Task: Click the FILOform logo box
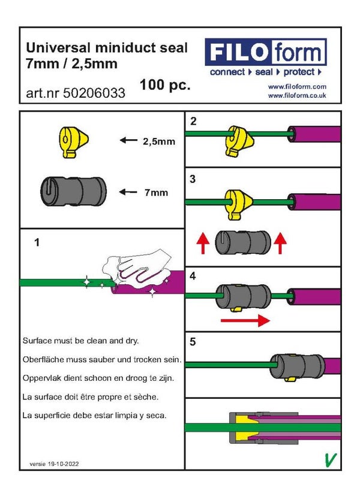click(266, 52)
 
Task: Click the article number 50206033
click(76, 93)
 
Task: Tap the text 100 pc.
click(165, 85)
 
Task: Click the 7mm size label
click(155, 193)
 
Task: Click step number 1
click(37, 242)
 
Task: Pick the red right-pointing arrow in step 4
click(245, 321)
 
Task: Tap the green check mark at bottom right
click(329, 459)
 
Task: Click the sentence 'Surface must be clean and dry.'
click(80, 340)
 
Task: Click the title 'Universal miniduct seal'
click(107, 47)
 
